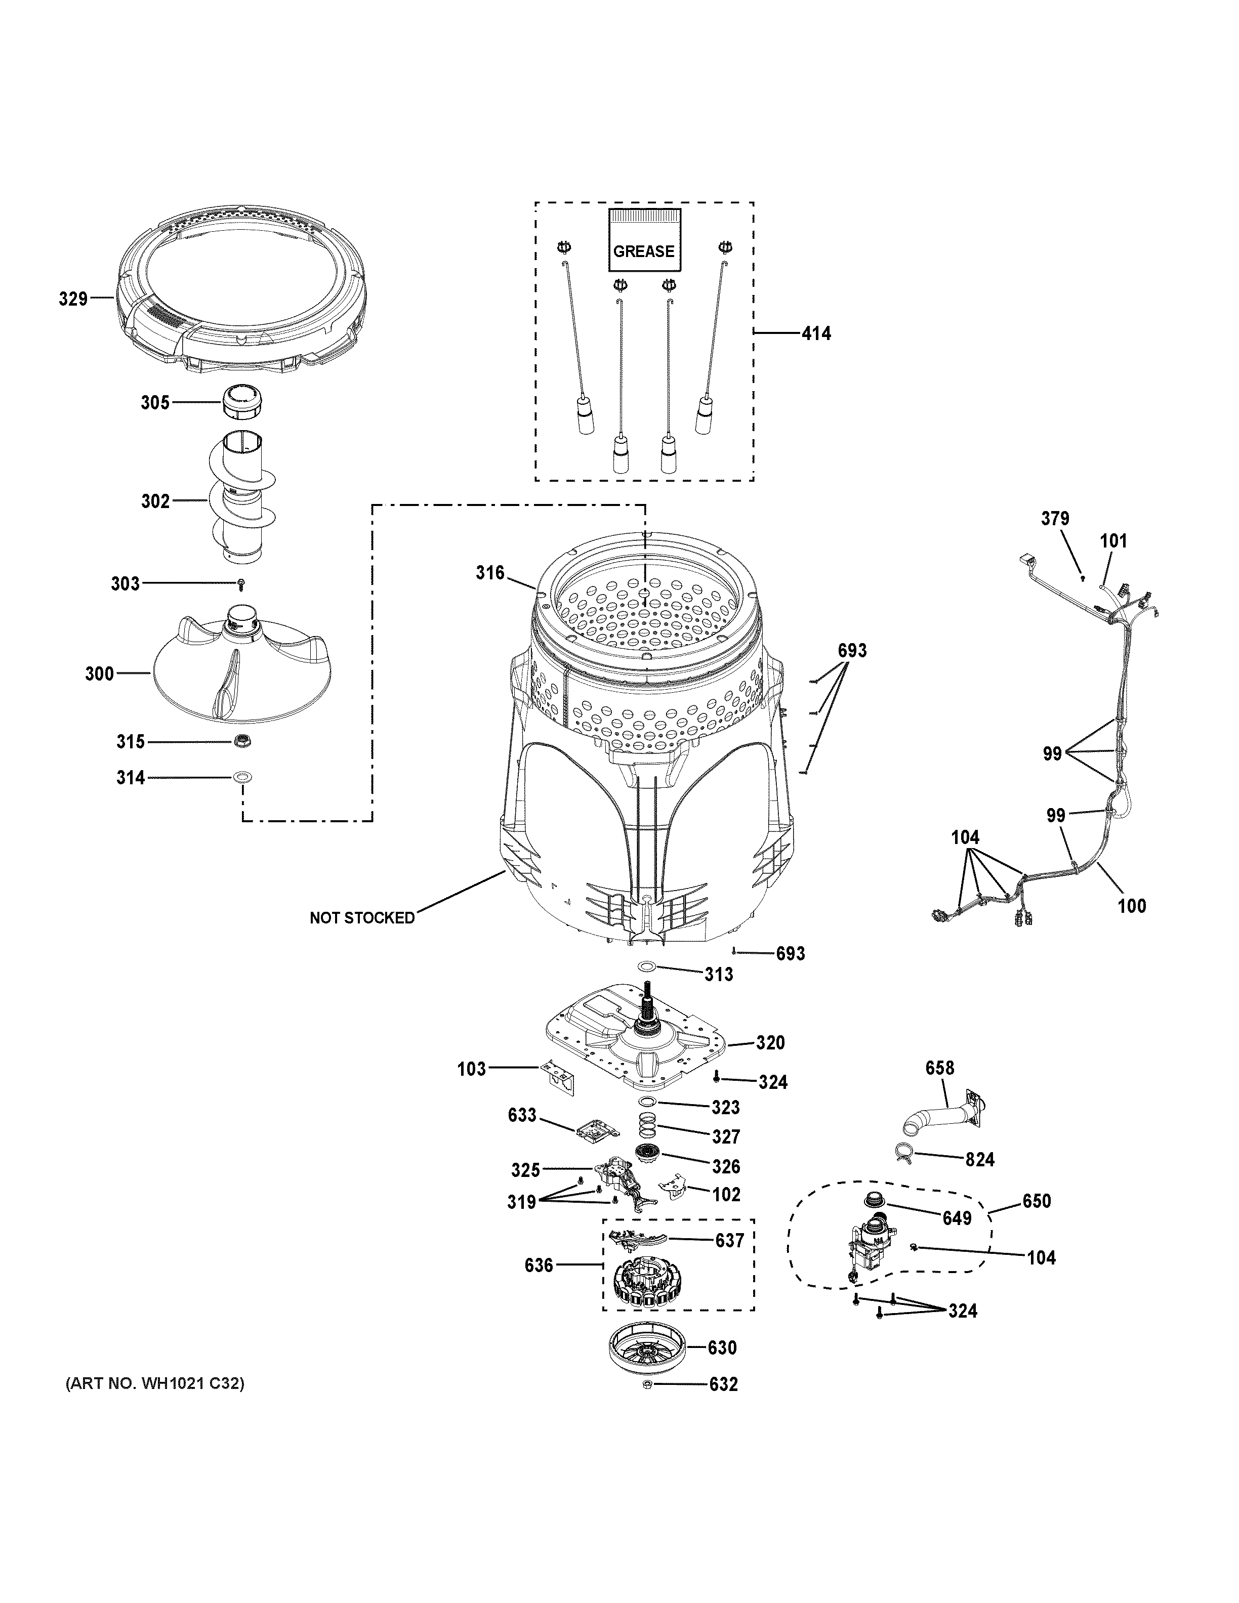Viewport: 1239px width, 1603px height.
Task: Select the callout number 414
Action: click(816, 333)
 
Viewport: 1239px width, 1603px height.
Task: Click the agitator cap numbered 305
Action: click(243, 403)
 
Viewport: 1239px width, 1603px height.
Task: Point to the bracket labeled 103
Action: click(557, 1074)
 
